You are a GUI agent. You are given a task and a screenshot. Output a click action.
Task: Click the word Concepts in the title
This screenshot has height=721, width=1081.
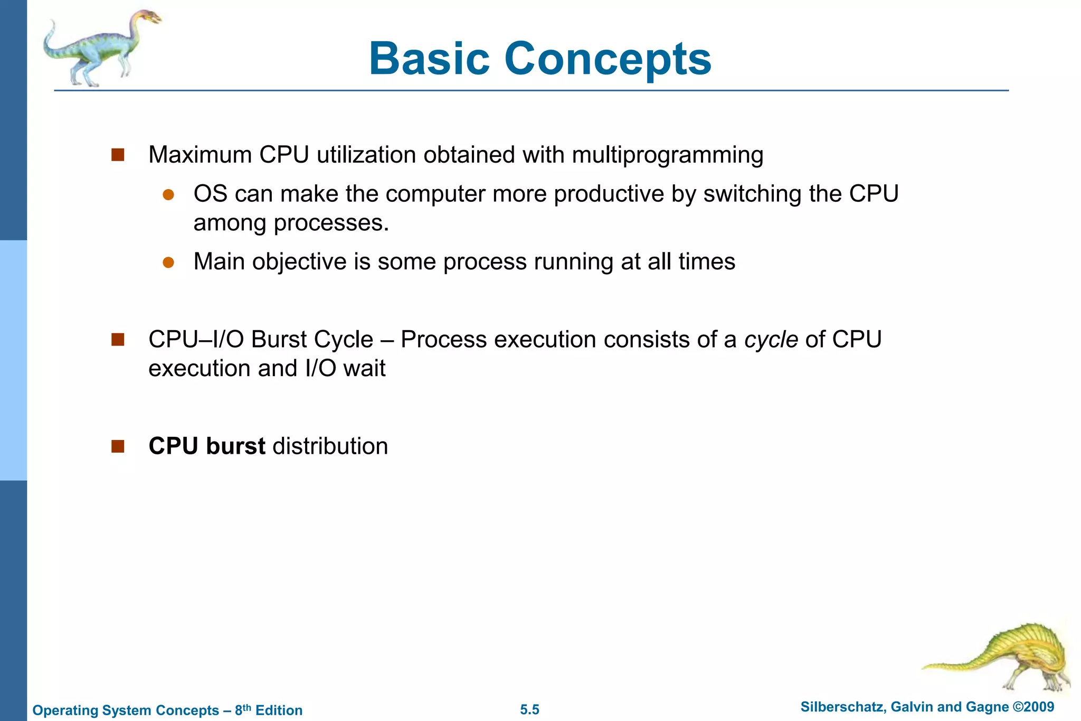tap(608, 59)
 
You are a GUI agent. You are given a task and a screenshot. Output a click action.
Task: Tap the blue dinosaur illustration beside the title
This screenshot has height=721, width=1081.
tap(100, 48)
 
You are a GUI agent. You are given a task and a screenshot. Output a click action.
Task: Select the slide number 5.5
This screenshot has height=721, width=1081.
tap(529, 709)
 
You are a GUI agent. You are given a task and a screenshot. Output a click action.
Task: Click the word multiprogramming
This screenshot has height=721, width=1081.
tap(668, 155)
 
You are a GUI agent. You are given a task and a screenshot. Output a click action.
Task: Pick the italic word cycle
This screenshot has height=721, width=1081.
tap(771, 339)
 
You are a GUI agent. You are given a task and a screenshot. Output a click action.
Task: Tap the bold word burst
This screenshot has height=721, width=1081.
tap(235, 446)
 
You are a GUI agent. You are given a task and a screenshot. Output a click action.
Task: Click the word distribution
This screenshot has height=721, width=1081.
tap(330, 446)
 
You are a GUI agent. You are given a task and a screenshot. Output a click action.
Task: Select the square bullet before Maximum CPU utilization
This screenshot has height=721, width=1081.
tap(118, 155)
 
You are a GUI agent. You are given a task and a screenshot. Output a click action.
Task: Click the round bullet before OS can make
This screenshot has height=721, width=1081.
tap(168, 195)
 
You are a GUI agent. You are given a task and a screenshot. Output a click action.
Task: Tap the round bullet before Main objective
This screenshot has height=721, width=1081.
tap(168, 263)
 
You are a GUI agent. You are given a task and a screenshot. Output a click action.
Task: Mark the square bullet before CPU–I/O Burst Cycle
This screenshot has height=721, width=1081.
tap(118, 339)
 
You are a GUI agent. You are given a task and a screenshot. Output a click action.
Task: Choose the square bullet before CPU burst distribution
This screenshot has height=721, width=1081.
tap(118, 446)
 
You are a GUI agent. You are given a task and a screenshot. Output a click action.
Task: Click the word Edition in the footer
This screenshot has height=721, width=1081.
tap(279, 710)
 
